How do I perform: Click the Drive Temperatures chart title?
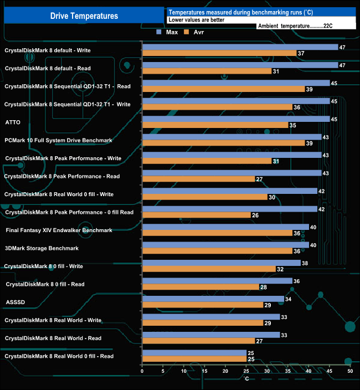click(x=84, y=16)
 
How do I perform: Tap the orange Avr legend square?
click(x=187, y=32)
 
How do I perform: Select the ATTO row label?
click(x=13, y=122)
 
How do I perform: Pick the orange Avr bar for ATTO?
click(x=215, y=125)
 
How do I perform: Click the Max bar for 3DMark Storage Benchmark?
click(x=225, y=245)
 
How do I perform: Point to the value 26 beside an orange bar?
click(x=255, y=215)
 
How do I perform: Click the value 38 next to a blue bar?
click(x=305, y=263)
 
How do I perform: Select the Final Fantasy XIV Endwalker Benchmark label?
click(x=59, y=230)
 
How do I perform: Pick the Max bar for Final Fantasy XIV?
click(x=225, y=227)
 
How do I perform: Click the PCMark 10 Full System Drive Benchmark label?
click(x=58, y=140)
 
